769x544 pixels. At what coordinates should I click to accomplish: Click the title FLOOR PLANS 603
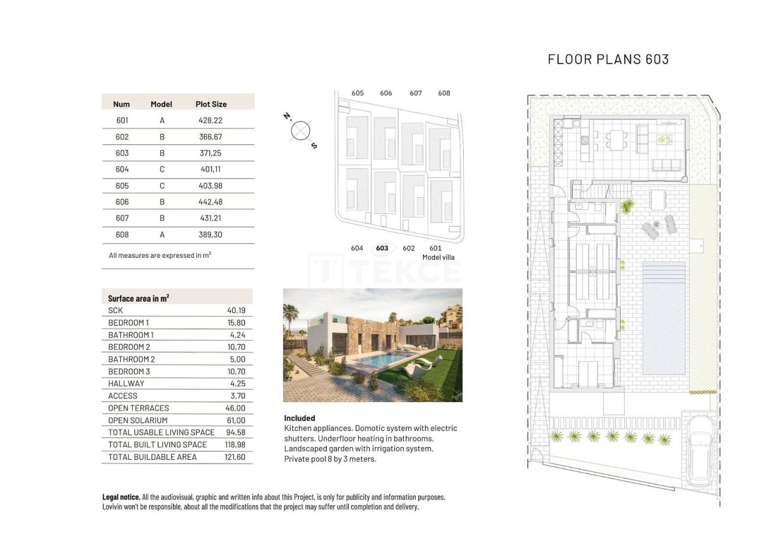pyautogui.click(x=608, y=59)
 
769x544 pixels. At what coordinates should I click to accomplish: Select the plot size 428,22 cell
pyautogui.click(x=210, y=120)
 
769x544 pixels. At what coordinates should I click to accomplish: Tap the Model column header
pyautogui.click(x=161, y=104)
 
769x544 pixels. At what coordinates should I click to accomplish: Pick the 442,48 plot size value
pyautogui.click(x=210, y=202)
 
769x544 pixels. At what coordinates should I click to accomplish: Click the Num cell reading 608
pyautogui.click(x=122, y=234)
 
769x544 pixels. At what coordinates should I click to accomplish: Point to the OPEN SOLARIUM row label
pyautogui.click(x=138, y=420)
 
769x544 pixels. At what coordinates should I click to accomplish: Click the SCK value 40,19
pyautogui.click(x=236, y=310)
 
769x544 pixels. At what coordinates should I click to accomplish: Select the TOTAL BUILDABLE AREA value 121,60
pyautogui.click(x=234, y=457)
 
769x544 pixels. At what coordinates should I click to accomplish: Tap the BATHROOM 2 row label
pyautogui.click(x=132, y=359)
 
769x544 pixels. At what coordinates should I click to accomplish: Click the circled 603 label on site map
pyautogui.click(x=382, y=248)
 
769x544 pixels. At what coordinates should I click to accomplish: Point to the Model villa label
pyautogui.click(x=438, y=257)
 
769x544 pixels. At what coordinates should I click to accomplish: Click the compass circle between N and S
pyautogui.click(x=300, y=130)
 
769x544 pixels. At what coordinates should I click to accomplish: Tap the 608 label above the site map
pyautogui.click(x=444, y=93)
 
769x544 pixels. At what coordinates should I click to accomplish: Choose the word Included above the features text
pyautogui.click(x=299, y=418)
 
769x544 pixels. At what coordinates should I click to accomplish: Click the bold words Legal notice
pyautogui.click(x=121, y=497)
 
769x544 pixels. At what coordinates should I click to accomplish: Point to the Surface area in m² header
pyautogui.click(x=138, y=298)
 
